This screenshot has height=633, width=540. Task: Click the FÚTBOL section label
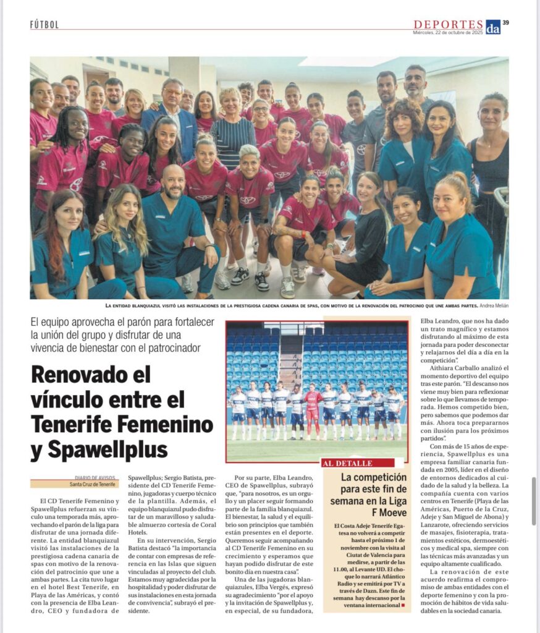[44, 25]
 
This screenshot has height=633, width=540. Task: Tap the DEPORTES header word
[448, 24]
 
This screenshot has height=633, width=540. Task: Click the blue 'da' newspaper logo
[492, 26]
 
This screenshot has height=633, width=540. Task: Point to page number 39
[505, 23]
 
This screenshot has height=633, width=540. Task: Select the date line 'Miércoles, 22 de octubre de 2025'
[448, 32]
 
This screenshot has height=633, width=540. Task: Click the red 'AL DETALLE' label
[347, 463]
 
